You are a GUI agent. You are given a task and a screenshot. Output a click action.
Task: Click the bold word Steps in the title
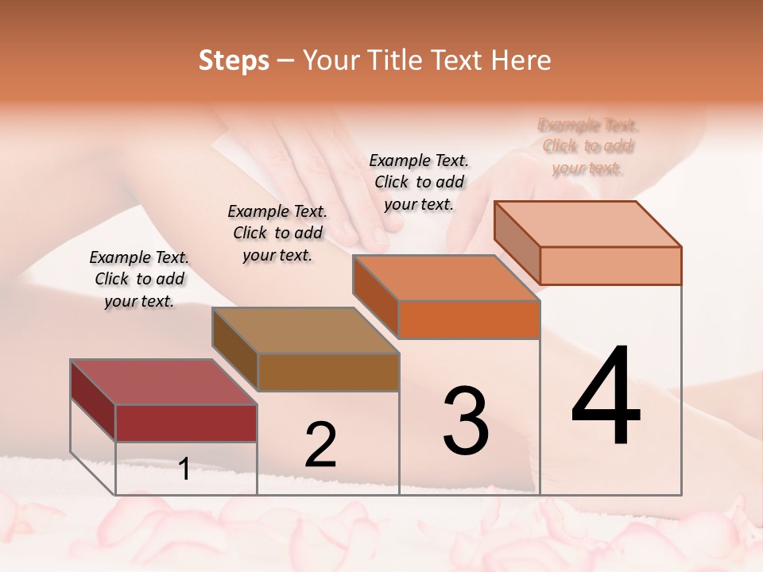234,60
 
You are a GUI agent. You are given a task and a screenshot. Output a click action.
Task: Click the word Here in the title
521,60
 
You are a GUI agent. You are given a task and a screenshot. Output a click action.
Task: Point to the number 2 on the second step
320,444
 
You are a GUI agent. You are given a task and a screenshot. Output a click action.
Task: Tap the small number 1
184,469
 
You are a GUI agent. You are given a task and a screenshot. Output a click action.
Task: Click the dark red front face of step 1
186,423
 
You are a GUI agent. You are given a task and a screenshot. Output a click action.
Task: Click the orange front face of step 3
469,319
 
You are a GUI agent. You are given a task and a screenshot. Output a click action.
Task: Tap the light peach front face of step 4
610,265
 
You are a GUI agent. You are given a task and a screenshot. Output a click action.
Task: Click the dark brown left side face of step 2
235,349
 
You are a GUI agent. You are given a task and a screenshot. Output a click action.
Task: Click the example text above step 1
139,279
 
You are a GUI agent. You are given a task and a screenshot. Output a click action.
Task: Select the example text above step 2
277,233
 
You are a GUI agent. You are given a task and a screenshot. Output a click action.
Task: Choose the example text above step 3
419,182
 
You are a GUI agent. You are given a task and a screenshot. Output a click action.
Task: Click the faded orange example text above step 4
588,146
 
